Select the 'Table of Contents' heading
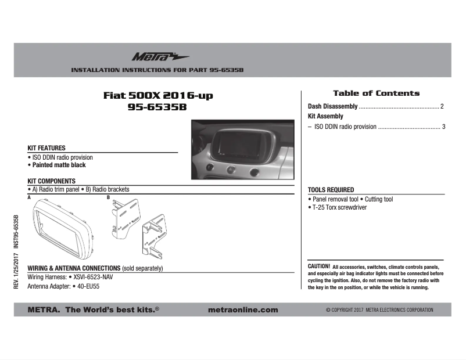click(376, 93)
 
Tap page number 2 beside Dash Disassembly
click(442, 107)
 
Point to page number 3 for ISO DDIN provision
click(443, 126)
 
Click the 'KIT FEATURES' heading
click(46, 148)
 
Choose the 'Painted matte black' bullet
click(59, 165)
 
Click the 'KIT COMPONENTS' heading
click(52, 181)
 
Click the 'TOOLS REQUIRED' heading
click(331, 190)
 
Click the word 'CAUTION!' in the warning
click(319, 266)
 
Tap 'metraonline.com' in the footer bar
click(242, 310)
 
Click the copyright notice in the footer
click(379, 310)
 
